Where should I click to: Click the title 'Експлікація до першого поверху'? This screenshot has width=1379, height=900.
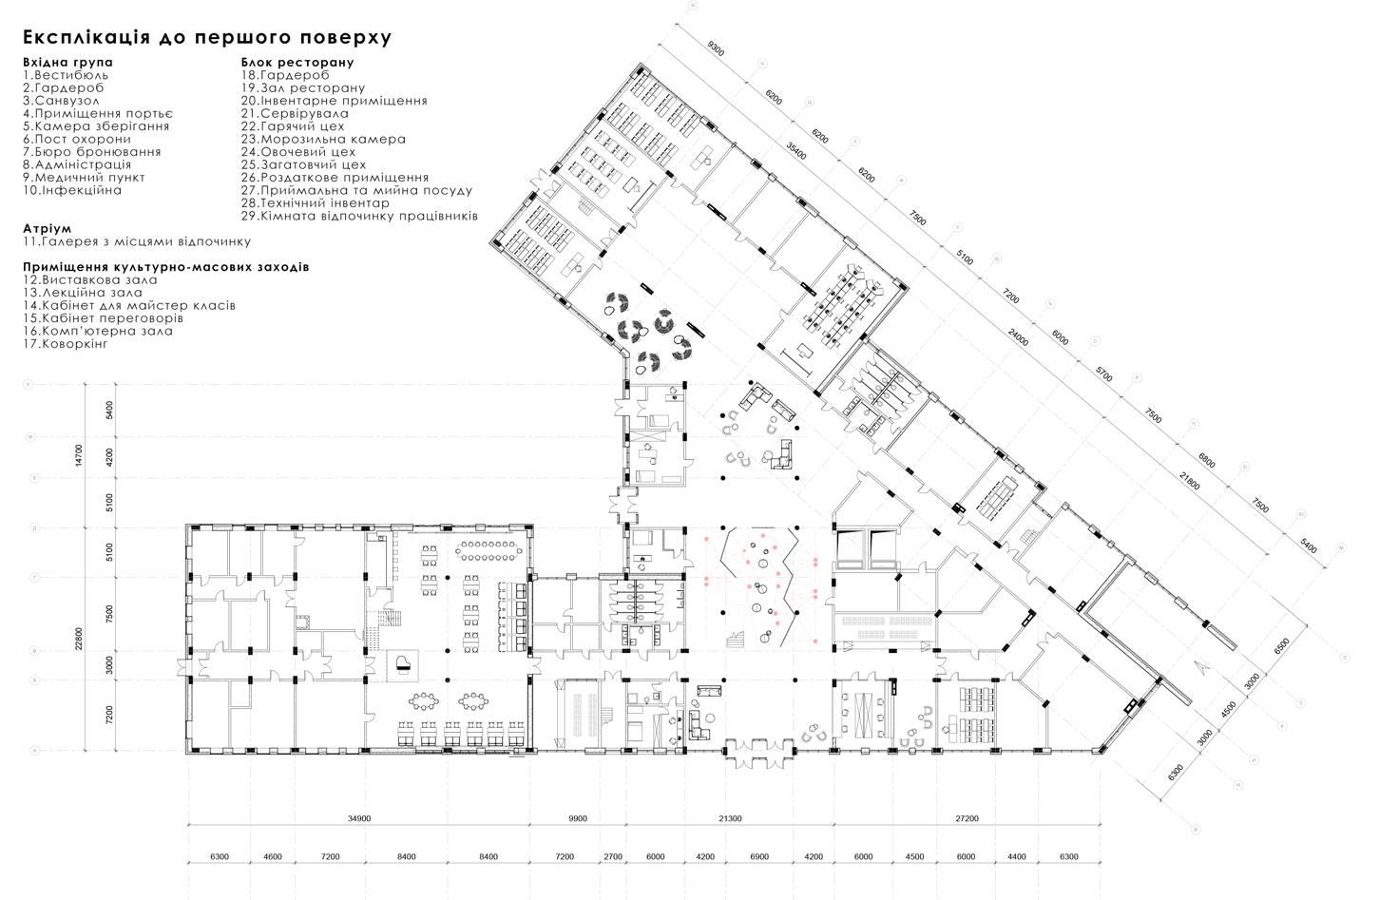(206, 37)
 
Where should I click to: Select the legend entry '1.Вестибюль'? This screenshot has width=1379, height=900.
(67, 74)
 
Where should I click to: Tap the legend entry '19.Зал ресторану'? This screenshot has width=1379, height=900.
(302, 87)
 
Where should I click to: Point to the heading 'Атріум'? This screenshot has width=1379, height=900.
(48, 229)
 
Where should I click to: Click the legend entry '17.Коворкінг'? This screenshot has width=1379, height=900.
(66, 343)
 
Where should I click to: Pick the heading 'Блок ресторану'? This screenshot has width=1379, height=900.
(297, 62)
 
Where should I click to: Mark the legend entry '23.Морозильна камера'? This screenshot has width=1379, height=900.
(323, 139)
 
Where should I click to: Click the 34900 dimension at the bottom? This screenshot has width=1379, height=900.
(358, 818)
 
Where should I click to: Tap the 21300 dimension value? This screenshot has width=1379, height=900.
(730, 818)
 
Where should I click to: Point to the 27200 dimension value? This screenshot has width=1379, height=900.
(967, 818)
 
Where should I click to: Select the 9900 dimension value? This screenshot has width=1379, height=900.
(577, 818)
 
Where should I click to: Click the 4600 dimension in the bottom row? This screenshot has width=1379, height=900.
(272, 856)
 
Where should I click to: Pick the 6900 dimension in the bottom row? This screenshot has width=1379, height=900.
(759, 856)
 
